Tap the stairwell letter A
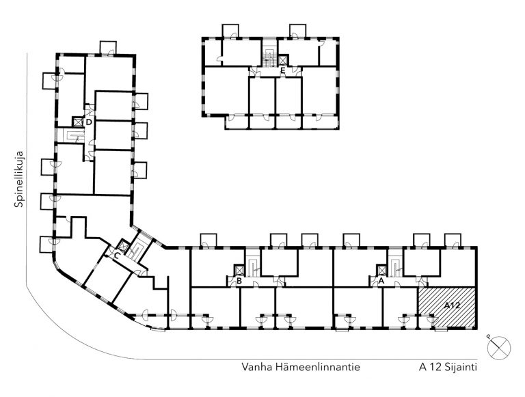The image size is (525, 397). [x=381, y=281]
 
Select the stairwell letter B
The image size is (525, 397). [x=239, y=281]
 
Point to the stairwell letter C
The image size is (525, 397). [x=117, y=256]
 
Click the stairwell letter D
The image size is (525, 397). [x=89, y=122]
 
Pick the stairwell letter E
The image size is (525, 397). [x=283, y=70]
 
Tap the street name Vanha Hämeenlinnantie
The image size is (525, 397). [x=301, y=367]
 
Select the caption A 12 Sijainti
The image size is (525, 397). [x=448, y=367]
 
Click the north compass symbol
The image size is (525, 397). [x=499, y=348]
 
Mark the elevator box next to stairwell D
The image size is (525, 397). [x=78, y=122]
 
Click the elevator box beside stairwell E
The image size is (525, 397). [x=283, y=60]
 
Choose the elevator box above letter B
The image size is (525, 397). [x=239, y=270]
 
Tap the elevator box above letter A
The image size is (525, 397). [x=381, y=270]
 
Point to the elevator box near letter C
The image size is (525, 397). [x=124, y=246]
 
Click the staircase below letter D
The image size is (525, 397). [x=74, y=135]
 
